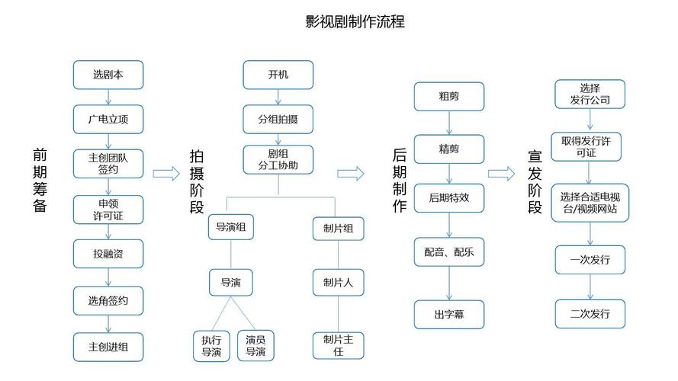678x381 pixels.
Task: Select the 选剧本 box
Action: (x=108, y=75)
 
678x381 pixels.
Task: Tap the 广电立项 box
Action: (x=108, y=119)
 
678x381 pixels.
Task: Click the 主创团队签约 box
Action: (x=108, y=164)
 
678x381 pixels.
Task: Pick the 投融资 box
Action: (x=108, y=254)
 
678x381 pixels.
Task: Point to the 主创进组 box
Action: (x=108, y=347)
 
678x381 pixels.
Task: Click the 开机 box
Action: (x=278, y=75)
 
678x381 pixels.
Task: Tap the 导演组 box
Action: (x=231, y=227)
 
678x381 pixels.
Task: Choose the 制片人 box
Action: (x=338, y=282)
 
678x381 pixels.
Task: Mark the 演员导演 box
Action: (x=255, y=345)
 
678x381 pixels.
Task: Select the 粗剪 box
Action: (x=449, y=96)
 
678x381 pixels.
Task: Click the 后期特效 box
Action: (x=449, y=197)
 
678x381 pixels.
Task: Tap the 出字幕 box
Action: (x=449, y=313)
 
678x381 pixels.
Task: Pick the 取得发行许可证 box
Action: (x=590, y=147)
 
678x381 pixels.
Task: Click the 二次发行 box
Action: (x=590, y=313)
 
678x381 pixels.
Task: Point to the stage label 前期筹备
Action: (x=40, y=181)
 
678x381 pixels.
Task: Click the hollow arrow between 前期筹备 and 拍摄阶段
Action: (x=165, y=174)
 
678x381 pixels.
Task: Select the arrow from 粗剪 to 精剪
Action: (x=449, y=122)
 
